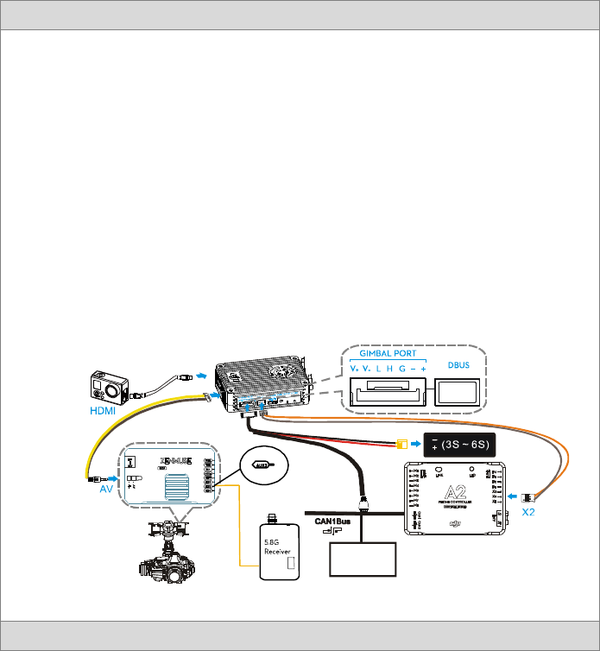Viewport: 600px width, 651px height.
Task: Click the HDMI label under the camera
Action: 102,411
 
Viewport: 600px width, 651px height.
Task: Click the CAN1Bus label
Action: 332,521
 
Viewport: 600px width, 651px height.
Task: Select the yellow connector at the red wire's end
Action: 401,445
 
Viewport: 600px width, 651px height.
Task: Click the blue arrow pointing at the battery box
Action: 416,445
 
